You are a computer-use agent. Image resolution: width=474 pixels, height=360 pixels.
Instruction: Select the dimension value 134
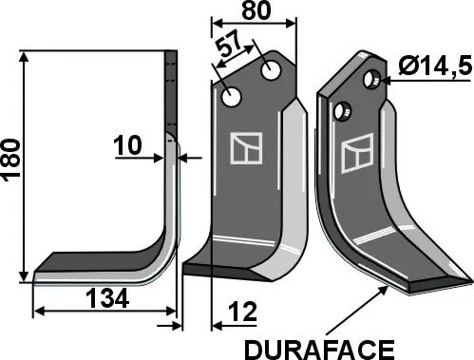click(x=107, y=299)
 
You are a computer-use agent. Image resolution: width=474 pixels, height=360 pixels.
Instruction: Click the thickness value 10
click(x=126, y=147)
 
